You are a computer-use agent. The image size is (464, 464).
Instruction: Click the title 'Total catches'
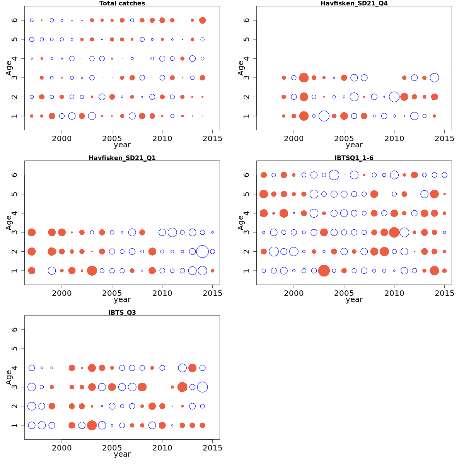(x=122, y=3)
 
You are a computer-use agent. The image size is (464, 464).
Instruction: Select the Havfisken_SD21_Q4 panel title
(x=354, y=3)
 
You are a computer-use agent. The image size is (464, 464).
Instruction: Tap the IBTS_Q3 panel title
(x=122, y=312)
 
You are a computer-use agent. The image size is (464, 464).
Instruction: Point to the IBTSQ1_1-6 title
(x=354, y=158)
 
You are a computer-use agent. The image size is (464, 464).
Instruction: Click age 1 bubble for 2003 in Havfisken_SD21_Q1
(x=92, y=271)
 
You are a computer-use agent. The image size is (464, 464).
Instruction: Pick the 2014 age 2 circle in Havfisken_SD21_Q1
(x=202, y=251)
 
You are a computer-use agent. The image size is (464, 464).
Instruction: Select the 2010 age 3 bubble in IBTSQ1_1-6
(x=394, y=232)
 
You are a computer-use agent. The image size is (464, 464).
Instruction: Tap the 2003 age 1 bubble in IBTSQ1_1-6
(x=324, y=271)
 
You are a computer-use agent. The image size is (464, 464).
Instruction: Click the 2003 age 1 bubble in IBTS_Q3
(x=92, y=425)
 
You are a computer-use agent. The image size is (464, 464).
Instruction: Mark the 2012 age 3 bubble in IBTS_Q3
(x=182, y=387)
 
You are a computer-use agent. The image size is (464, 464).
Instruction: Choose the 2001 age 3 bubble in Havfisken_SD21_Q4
(x=304, y=78)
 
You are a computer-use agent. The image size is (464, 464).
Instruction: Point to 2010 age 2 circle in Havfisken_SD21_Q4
(x=394, y=97)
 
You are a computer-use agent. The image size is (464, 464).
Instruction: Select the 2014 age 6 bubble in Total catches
(x=202, y=20)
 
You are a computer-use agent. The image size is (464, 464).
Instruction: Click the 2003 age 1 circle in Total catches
(x=92, y=116)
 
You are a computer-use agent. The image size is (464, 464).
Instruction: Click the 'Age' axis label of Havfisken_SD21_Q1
(x=9, y=223)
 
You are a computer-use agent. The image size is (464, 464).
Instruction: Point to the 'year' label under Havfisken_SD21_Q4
(x=354, y=145)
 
